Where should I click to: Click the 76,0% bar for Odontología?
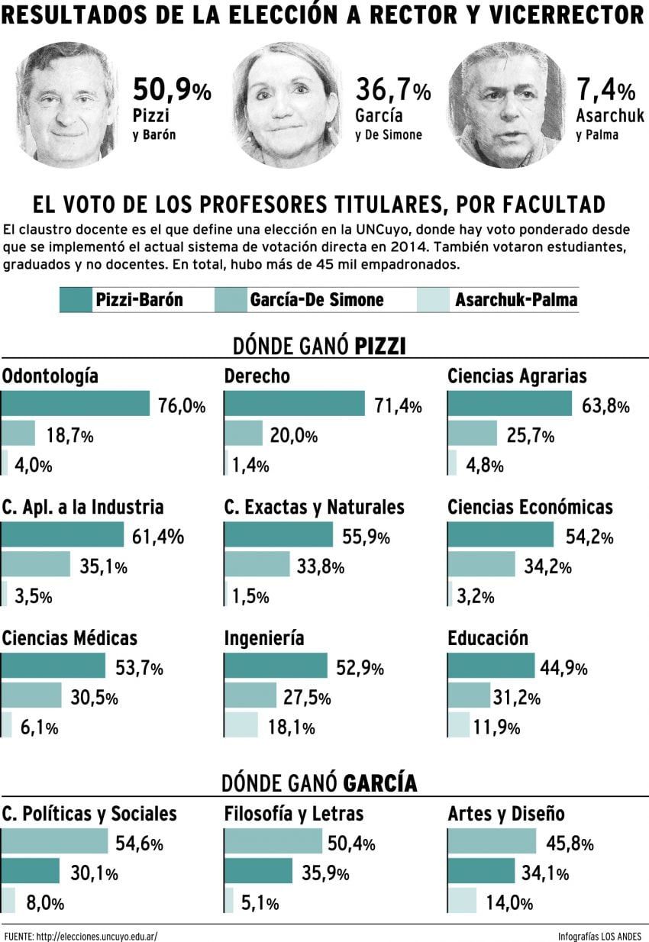pyautogui.click(x=76, y=404)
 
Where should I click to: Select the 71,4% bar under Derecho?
pyautogui.click(x=295, y=404)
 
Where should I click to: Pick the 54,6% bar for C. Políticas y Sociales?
pyautogui.click(x=55, y=841)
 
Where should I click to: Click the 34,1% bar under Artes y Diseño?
pyautogui.click(x=481, y=871)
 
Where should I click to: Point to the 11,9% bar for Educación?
pyautogui.click(x=459, y=724)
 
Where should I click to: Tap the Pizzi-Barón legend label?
pyautogui.click(x=139, y=299)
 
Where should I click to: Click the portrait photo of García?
pyautogui.click(x=286, y=105)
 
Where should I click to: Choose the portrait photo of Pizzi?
pyautogui.click(x=66, y=105)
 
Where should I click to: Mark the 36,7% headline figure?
pyautogui.click(x=392, y=91)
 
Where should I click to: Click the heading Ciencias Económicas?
pyautogui.click(x=530, y=507)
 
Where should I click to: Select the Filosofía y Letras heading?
pyautogui.click(x=294, y=814)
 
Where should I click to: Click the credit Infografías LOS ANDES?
pyautogui.click(x=599, y=935)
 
